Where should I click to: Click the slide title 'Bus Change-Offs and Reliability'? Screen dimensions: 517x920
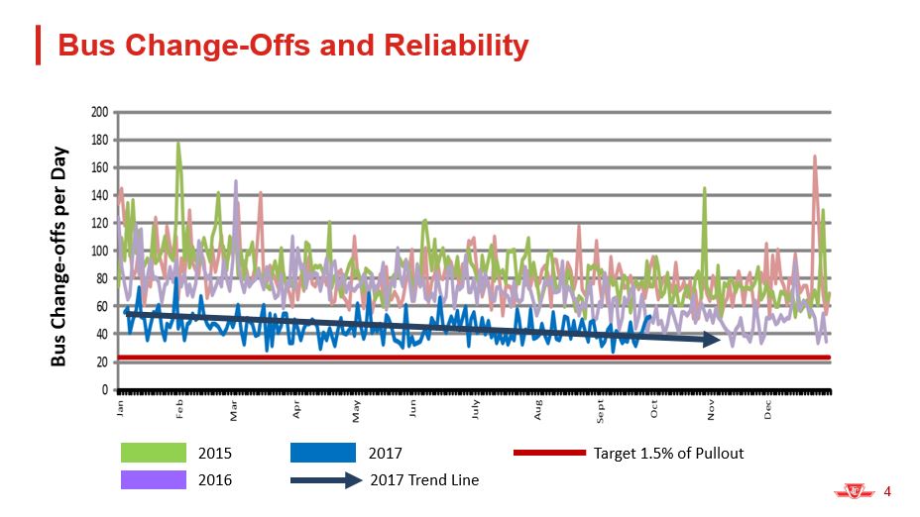pyautogui.click(x=293, y=46)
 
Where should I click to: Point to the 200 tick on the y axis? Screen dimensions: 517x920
pyautogui.click(x=100, y=112)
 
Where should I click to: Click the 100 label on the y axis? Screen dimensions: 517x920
pyautogui.click(x=100, y=251)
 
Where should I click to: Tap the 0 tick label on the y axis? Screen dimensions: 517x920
pyautogui.click(x=104, y=390)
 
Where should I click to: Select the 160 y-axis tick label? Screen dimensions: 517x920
pyautogui.click(x=100, y=167)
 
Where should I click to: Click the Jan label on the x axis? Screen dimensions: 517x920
pyautogui.click(x=121, y=406)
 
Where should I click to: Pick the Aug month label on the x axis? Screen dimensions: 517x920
pyautogui.click(x=537, y=407)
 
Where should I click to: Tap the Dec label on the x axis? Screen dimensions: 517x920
pyautogui.click(x=768, y=407)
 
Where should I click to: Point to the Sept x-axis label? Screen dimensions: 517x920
pyautogui.click(x=600, y=409)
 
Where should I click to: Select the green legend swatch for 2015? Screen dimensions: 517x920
pyautogui.click(x=154, y=454)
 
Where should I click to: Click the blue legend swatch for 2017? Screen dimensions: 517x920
pyautogui.click(x=323, y=454)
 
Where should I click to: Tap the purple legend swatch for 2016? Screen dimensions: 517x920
pyautogui.click(x=154, y=480)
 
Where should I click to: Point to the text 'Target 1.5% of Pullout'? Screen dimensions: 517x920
pyautogui.click(x=668, y=454)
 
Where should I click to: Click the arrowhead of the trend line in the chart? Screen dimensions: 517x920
pyautogui.click(x=713, y=340)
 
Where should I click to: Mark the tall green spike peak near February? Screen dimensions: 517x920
pyautogui.click(x=178, y=143)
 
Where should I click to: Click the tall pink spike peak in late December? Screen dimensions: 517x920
pyautogui.click(x=815, y=156)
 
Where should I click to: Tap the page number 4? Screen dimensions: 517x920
pyautogui.click(x=887, y=490)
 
